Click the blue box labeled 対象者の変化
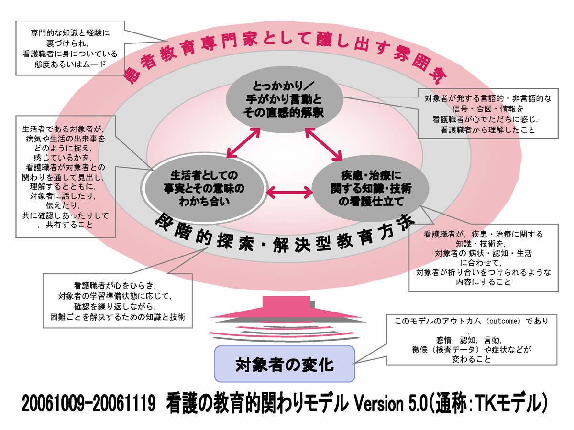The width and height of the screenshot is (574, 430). click(285, 365)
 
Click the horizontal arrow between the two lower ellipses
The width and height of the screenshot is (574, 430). click(288, 192)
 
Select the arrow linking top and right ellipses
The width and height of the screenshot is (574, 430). click(324, 142)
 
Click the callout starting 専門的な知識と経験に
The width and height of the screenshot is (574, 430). click(70, 48)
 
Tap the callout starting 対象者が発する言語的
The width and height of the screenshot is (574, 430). click(488, 114)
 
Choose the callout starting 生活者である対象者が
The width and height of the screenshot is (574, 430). click(66, 177)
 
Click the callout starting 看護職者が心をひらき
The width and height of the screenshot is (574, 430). click(118, 300)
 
